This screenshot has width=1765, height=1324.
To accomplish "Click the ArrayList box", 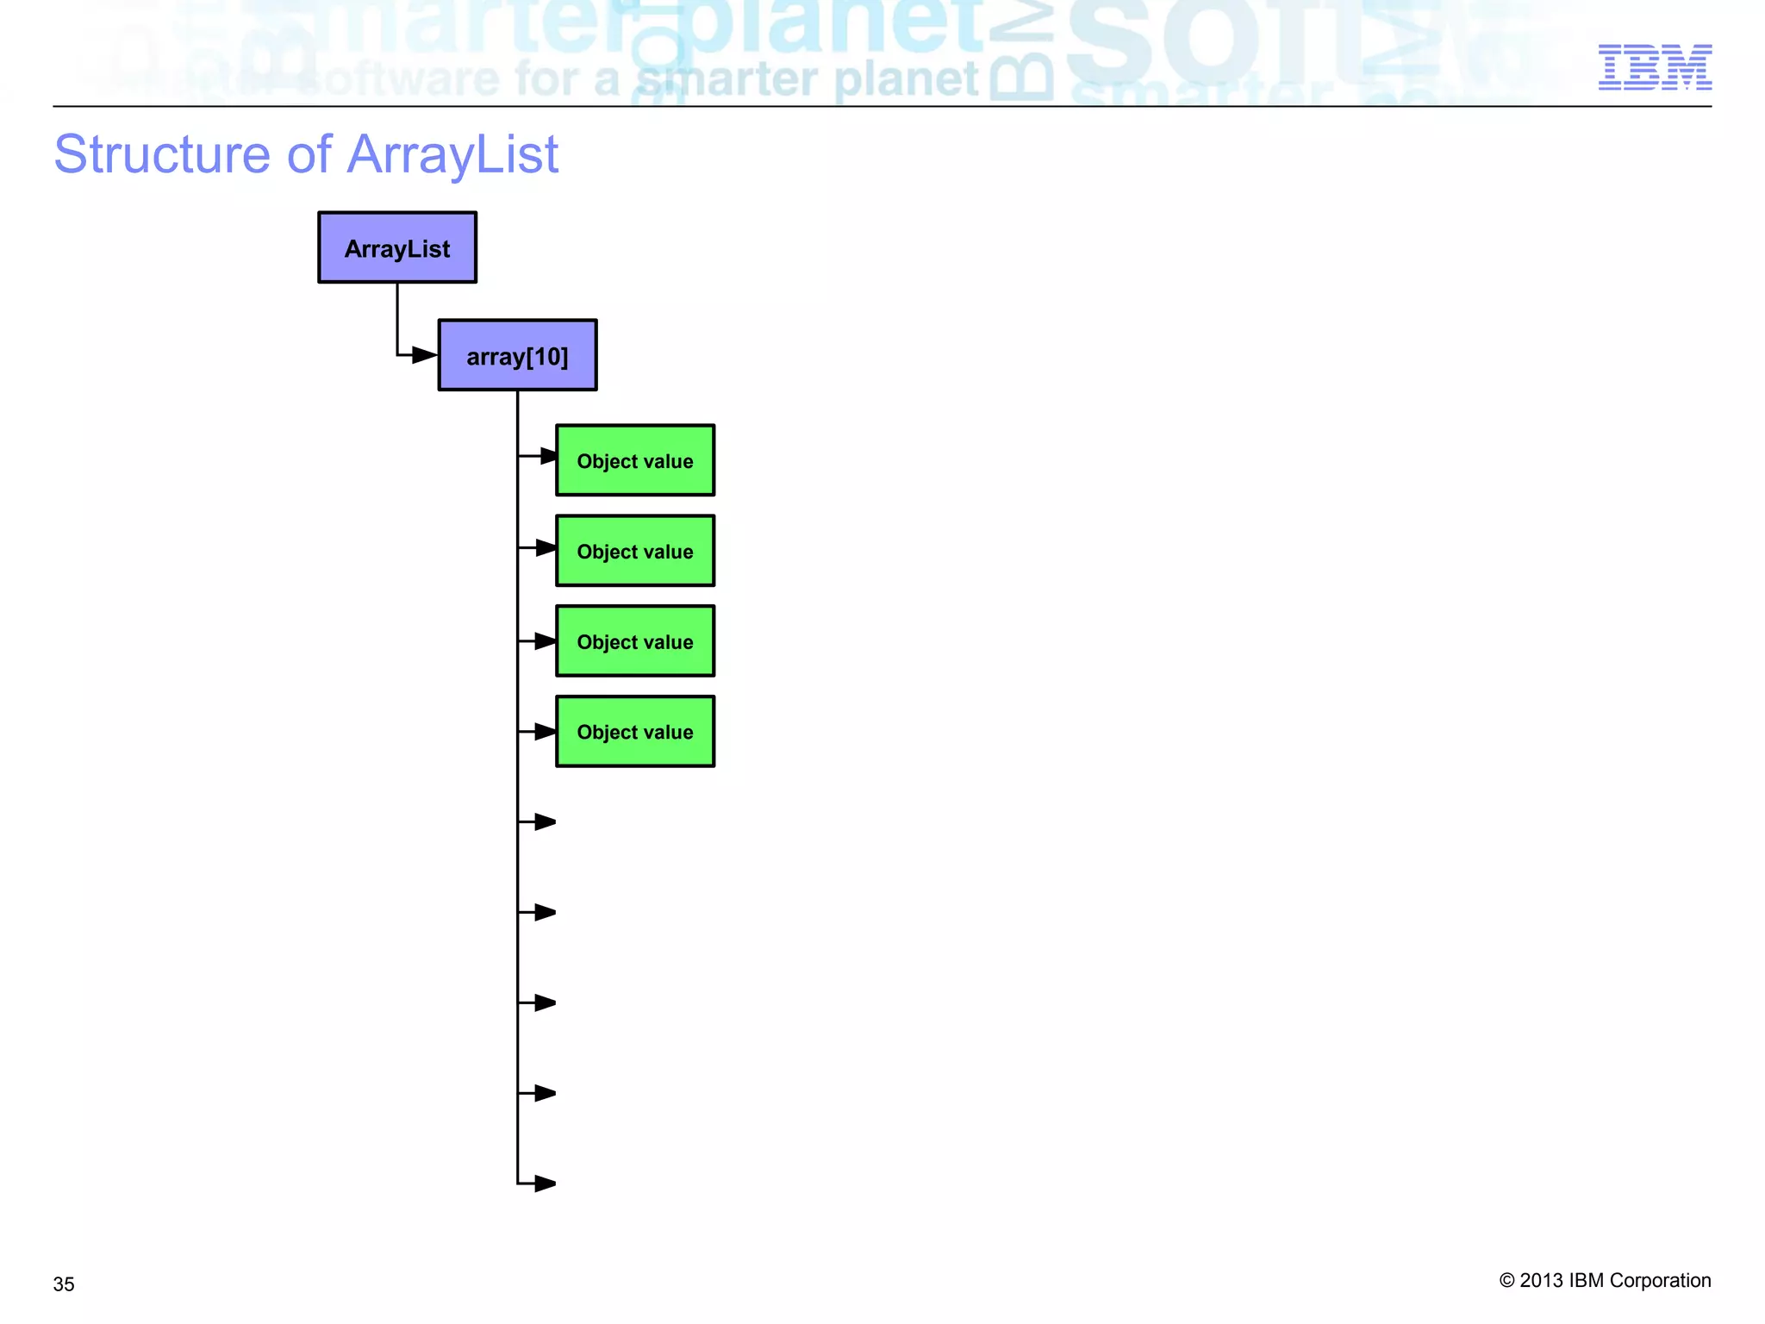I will point(397,247).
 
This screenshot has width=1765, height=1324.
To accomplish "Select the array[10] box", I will point(517,355).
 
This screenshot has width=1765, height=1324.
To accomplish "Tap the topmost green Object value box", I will point(635,460).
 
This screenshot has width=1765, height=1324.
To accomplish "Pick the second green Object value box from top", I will point(635,551).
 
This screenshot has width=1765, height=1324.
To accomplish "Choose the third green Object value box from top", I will point(635,641).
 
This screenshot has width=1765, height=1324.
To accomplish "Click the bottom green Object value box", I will point(635,732).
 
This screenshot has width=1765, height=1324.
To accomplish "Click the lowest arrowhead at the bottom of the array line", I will point(545,1183).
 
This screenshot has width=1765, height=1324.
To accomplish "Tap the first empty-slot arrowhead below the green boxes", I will point(545,822).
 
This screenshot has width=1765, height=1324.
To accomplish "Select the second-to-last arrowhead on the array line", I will point(545,1093).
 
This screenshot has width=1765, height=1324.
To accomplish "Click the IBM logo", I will point(1655,67).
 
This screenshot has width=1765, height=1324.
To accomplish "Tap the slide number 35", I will point(64,1284).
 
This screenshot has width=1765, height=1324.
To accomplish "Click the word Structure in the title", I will point(162,155).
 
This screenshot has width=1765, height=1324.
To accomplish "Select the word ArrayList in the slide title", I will point(453,155).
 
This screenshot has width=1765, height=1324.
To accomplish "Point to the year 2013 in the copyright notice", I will point(1541,1281).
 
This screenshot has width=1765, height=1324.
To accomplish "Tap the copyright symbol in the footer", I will point(1506,1281).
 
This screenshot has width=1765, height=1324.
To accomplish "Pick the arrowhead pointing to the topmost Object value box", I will point(548,455).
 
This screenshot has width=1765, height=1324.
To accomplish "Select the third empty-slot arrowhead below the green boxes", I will point(545,1002).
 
